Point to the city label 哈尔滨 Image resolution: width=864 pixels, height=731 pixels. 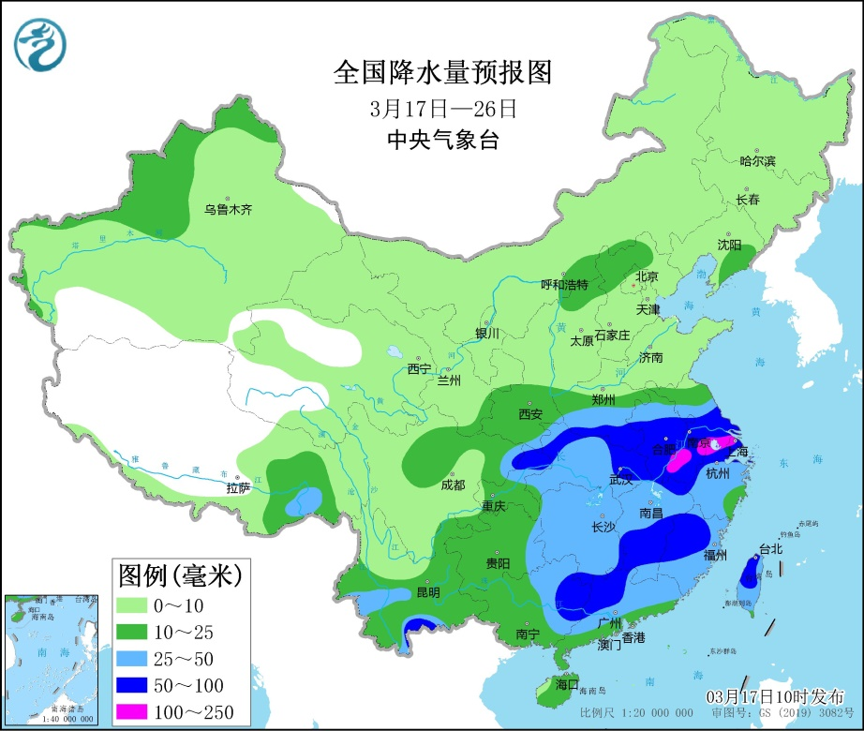[x=757, y=161]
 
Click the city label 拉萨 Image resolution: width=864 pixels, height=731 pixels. [x=238, y=487]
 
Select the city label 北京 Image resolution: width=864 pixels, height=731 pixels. [x=647, y=276]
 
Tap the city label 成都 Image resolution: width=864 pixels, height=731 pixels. [x=453, y=485]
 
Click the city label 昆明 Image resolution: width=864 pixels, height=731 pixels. [x=427, y=592]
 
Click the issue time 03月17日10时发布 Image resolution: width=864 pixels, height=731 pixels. [x=774, y=696]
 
